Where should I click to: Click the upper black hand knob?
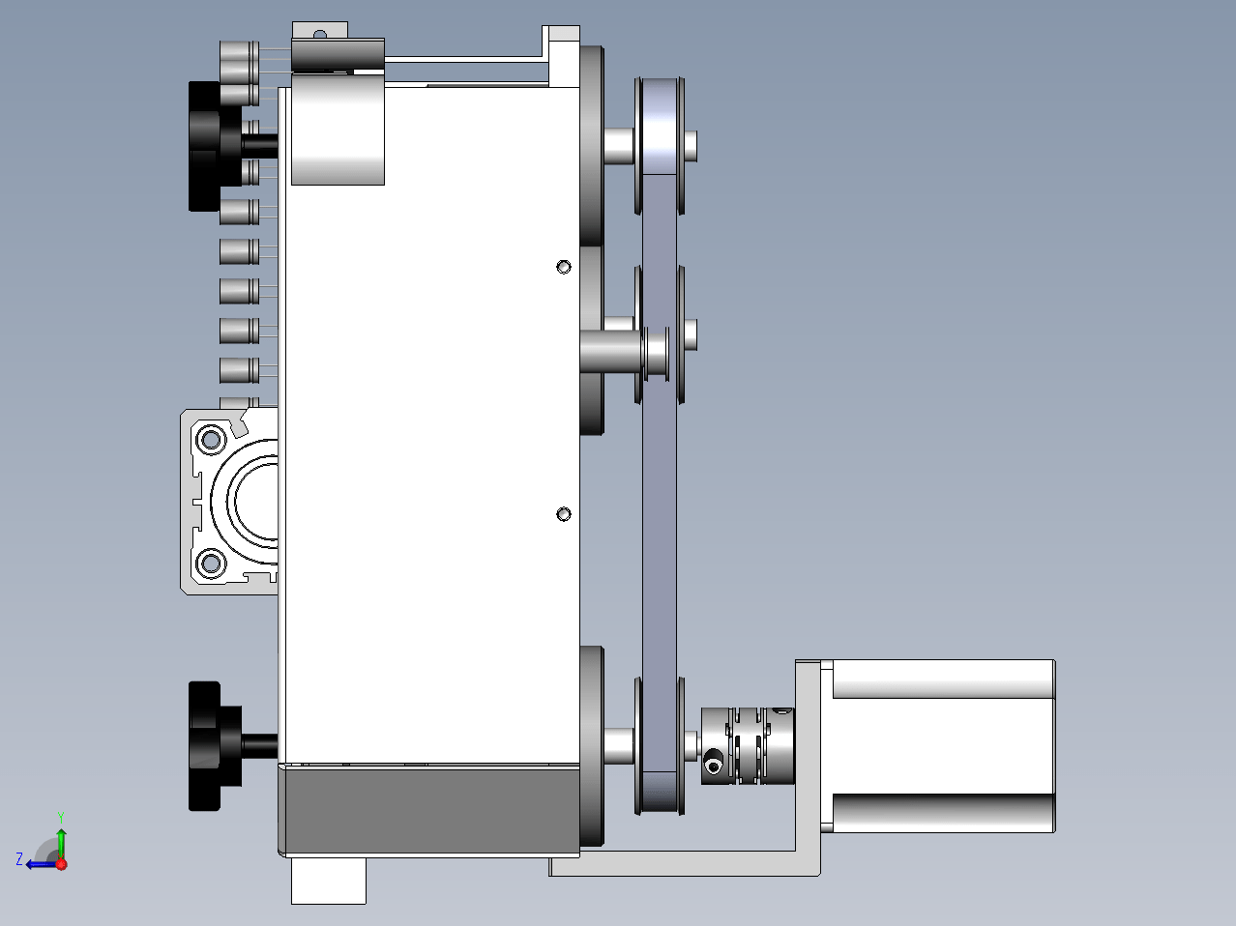(214, 146)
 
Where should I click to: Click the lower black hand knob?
(214, 746)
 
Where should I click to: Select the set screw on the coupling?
(714, 766)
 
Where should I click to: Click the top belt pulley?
(660, 146)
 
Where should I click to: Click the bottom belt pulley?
(660, 746)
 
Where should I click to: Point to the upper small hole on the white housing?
(564, 267)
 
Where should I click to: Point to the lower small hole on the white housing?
(564, 514)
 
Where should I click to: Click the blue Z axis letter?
(19, 859)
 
